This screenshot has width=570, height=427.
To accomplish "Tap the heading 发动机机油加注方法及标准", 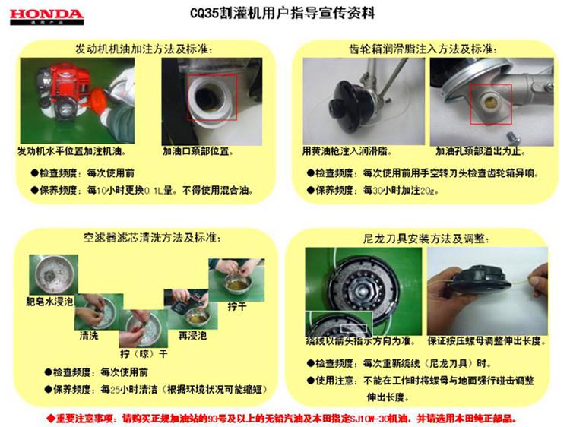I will point(144,48).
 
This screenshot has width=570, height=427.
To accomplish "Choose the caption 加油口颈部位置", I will point(198,150).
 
